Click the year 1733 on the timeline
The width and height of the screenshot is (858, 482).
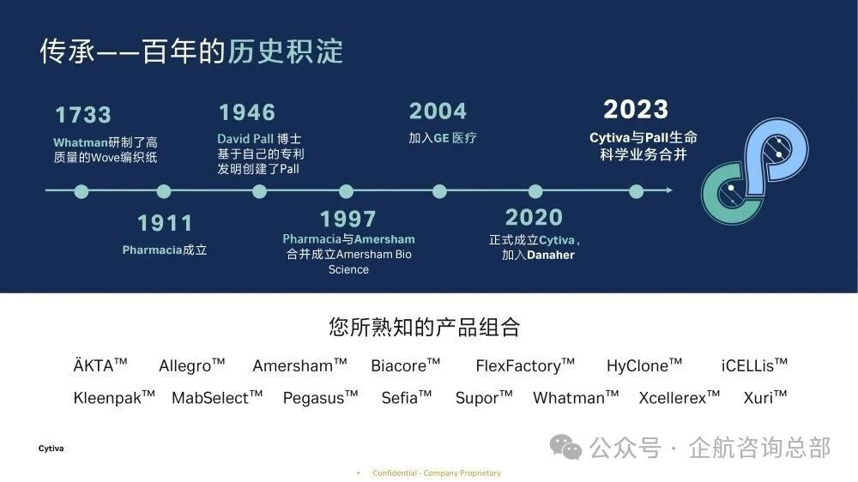pyautogui.click(x=83, y=115)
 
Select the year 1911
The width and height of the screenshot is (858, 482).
pyautogui.click(x=165, y=223)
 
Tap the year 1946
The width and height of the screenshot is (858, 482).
pyautogui.click(x=247, y=112)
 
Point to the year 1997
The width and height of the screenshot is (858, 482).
pyautogui.click(x=347, y=220)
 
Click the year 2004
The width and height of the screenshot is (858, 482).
pyautogui.click(x=438, y=111)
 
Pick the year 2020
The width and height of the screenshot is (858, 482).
pyautogui.click(x=534, y=217)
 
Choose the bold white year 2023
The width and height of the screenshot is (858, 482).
pyautogui.click(x=636, y=110)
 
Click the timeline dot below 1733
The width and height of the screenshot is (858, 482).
pyautogui.click(x=82, y=191)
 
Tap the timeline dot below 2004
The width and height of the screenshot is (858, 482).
pyautogui.click(x=439, y=191)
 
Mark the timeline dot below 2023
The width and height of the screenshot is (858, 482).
pyautogui.click(x=636, y=191)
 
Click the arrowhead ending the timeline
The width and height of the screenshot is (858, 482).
pyautogui.click(x=670, y=190)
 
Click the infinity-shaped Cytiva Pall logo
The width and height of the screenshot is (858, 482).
pyautogui.click(x=754, y=171)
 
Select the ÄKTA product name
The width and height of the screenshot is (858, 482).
pyautogui.click(x=100, y=365)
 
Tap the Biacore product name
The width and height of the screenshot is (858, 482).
pyautogui.click(x=406, y=365)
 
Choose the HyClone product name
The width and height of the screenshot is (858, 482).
pyautogui.click(x=644, y=365)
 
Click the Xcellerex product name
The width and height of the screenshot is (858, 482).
pyautogui.click(x=679, y=397)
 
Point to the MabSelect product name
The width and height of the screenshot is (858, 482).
pyautogui.click(x=217, y=397)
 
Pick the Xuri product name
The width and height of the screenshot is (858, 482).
pyautogui.click(x=765, y=397)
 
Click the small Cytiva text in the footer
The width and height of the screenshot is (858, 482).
pyautogui.click(x=51, y=449)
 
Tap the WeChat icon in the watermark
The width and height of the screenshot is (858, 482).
pyautogui.click(x=565, y=447)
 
